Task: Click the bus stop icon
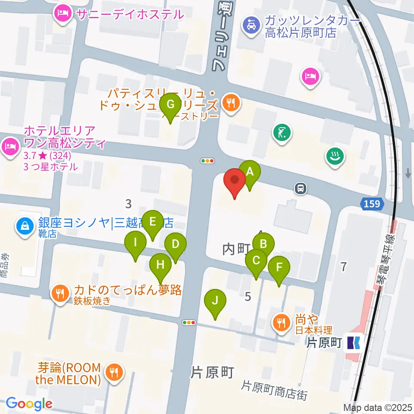point(301,188)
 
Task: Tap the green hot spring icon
point(334,156)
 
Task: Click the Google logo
point(29,404)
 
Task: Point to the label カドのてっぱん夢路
point(128,290)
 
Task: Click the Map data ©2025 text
point(378,407)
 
